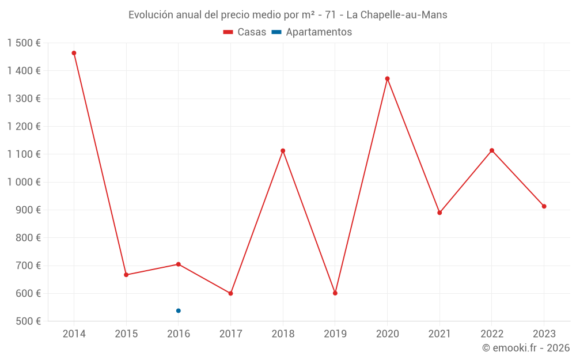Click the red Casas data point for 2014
pyautogui.click(x=74, y=53)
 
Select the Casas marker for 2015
pyautogui.click(x=126, y=275)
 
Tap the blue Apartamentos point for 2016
pyautogui.click(x=179, y=310)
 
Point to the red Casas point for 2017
pyautogui.click(x=230, y=293)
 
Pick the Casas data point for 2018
pyautogui.click(x=283, y=151)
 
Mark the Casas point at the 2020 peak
pyautogui.click(x=387, y=78)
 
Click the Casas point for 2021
pyautogui.click(x=439, y=213)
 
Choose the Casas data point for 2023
pyautogui.click(x=544, y=206)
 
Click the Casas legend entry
pyautogui.click(x=245, y=32)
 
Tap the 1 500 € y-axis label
pyautogui.click(x=24, y=43)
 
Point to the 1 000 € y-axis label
pyautogui.click(x=24, y=182)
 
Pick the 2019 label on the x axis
pyautogui.click(x=335, y=334)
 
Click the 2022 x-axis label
pyautogui.click(x=491, y=334)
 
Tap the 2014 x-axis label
pyautogui.click(x=74, y=334)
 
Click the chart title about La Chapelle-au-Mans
pyautogui.click(x=287, y=15)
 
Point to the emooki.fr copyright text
pyautogui.click(x=525, y=348)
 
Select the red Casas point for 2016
pyautogui.click(x=179, y=264)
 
